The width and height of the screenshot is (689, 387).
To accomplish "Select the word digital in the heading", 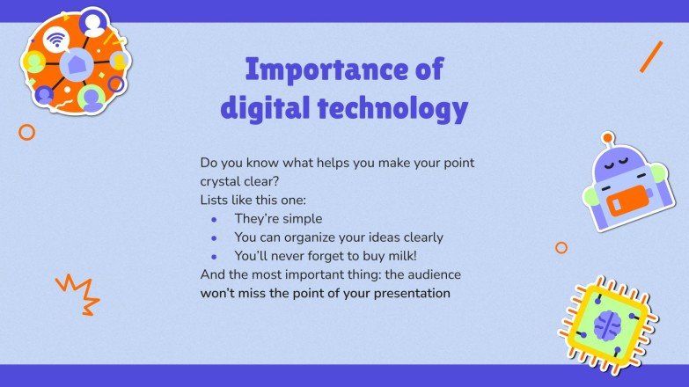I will coord(261,109).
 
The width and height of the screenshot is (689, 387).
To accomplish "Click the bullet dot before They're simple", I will coord(213,219).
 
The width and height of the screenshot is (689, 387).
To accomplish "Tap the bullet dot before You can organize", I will coord(213,237).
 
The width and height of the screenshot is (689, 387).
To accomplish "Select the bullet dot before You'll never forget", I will coord(213,256).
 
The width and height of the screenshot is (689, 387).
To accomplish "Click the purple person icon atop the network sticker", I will coord(92,21).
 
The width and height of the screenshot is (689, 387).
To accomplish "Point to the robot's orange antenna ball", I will coord(606,137).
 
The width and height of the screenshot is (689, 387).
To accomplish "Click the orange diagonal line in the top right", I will coord(651,56).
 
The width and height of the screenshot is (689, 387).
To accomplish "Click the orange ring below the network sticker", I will coord(26,132).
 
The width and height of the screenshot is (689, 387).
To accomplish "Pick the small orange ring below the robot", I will coord(561,248).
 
